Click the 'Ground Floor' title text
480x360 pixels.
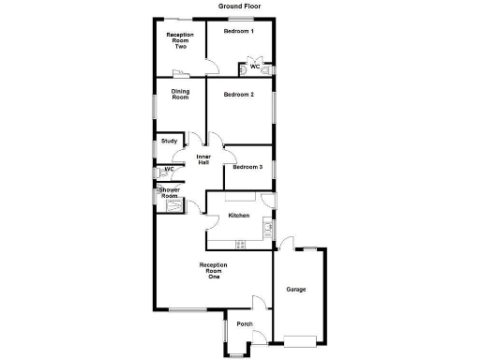[240, 7]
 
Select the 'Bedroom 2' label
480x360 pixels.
[239, 95]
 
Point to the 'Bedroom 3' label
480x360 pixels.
[247, 167]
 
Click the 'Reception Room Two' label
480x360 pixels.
[180, 40]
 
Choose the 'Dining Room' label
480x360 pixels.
[180, 94]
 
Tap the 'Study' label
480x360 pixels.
[169, 142]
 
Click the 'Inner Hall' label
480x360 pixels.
[202, 159]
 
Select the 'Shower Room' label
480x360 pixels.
[170, 193]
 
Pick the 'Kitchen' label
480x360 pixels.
[239, 217]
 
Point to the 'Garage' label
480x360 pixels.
[296, 289]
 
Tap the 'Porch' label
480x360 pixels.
[245, 324]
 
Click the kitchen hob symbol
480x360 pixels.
[240, 244]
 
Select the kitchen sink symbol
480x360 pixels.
[267, 227]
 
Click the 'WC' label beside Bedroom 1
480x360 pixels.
[254, 67]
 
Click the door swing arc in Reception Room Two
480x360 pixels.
[213, 67]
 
